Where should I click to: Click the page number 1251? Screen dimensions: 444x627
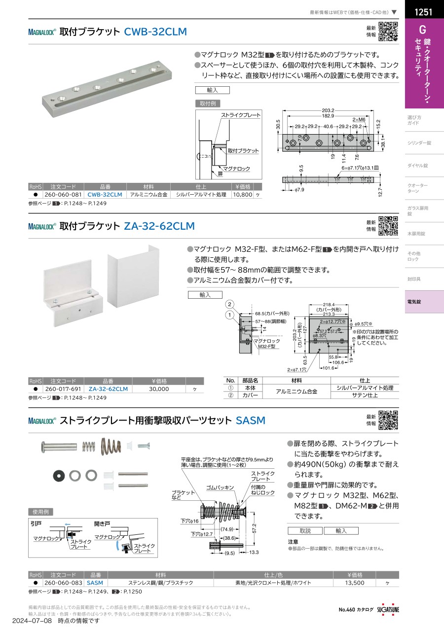click(x=423, y=12)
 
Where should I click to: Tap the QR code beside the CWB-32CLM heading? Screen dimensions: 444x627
click(x=388, y=32)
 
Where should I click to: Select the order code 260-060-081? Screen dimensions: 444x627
click(x=63, y=195)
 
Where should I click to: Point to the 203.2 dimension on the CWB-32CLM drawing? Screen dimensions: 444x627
click(x=328, y=110)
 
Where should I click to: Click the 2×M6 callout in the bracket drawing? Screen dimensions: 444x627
click(x=359, y=119)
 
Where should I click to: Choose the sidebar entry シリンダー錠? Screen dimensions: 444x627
click(x=419, y=143)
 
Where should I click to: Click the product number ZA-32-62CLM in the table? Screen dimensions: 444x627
click(x=108, y=389)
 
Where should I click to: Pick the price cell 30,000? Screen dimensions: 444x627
click(x=159, y=389)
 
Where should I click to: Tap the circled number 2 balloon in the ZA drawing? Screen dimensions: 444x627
click(x=230, y=305)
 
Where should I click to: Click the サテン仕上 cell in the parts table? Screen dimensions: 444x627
click(x=365, y=395)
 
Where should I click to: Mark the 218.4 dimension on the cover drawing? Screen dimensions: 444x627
click(x=329, y=305)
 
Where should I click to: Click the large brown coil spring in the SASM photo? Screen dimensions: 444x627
click(x=111, y=446)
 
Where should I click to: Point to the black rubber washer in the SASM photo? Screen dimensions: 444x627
click(x=59, y=476)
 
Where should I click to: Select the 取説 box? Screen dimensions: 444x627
click(x=305, y=531)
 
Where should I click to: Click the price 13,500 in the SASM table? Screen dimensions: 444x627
click(x=354, y=583)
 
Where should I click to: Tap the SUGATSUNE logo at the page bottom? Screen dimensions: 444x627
click(x=388, y=610)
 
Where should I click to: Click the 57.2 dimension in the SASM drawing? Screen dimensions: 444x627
click(x=254, y=528)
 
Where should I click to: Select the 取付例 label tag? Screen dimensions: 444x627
click(x=208, y=104)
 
